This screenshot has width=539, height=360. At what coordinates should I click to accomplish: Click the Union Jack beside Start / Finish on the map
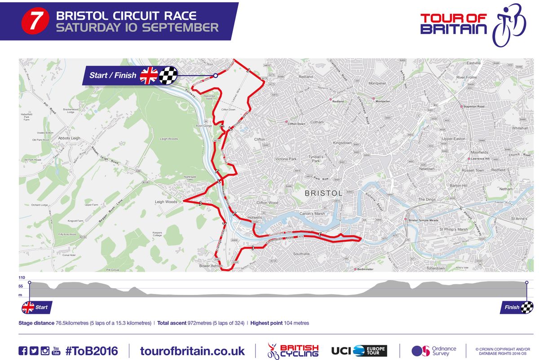[x=149, y=75]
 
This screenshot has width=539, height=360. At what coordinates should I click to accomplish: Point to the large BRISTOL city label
[x=323, y=193]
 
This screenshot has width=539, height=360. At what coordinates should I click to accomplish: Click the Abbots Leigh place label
[x=69, y=138]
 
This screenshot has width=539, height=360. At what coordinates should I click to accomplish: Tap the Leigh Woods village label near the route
[x=166, y=202]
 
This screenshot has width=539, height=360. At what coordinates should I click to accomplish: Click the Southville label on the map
[x=301, y=254]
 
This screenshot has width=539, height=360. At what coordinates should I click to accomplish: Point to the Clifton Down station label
[x=296, y=123]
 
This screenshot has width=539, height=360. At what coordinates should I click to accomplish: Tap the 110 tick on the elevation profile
[x=22, y=278]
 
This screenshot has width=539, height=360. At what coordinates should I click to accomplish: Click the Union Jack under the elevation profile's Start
[x=28, y=307]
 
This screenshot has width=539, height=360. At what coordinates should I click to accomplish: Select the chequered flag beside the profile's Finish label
[x=527, y=307]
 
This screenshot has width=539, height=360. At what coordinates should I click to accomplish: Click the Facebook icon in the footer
[x=22, y=351]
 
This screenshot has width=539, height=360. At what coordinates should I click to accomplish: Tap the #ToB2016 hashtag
[x=93, y=351]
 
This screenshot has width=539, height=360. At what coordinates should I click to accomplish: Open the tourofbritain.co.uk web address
[x=192, y=351]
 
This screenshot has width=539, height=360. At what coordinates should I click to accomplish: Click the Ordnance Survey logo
[x=433, y=351]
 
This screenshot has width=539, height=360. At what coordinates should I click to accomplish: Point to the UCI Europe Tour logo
[x=359, y=351]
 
